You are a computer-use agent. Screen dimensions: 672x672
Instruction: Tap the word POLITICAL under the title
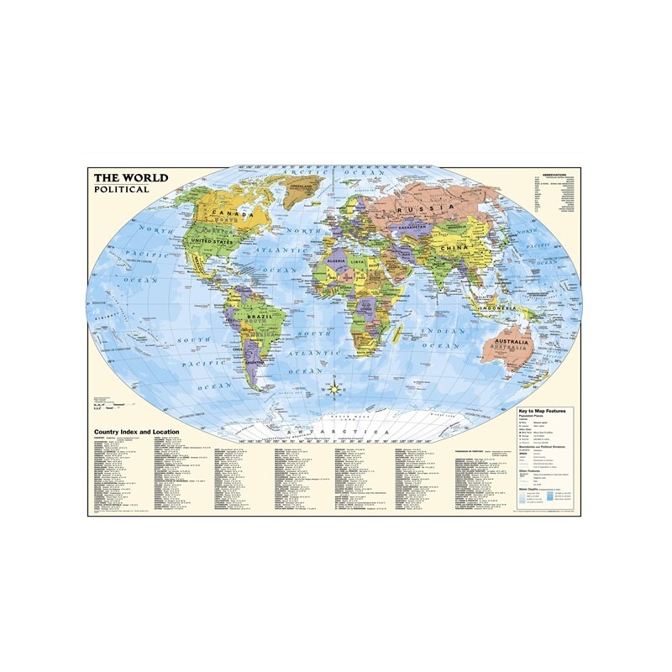121,189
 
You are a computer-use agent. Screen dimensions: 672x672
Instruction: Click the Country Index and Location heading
138,431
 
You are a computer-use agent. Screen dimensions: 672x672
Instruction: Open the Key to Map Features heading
542,411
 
